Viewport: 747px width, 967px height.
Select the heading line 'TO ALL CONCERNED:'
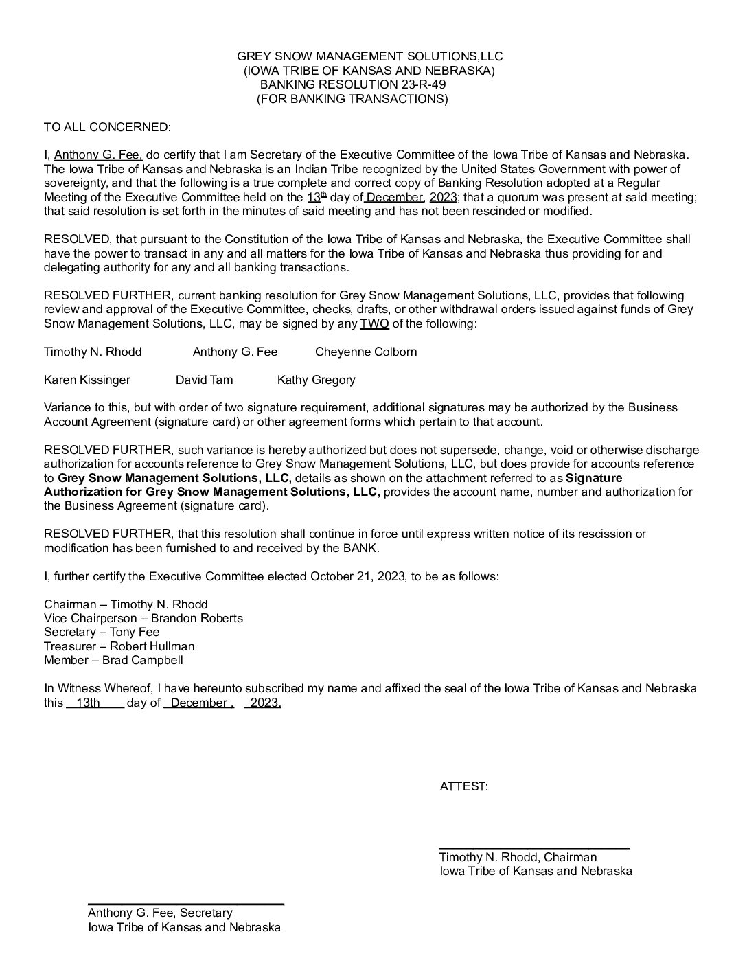(x=106, y=127)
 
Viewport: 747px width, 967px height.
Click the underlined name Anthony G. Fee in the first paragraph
(x=98, y=155)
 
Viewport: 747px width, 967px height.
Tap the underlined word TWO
(x=374, y=323)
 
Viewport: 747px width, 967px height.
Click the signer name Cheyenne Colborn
(x=366, y=352)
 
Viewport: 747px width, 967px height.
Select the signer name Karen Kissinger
(x=87, y=380)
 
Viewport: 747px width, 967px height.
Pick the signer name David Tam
(x=204, y=380)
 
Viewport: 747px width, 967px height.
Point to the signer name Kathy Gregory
(x=317, y=380)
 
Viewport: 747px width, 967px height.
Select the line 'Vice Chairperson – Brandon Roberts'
(x=143, y=618)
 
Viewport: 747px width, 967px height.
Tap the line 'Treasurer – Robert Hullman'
(x=119, y=646)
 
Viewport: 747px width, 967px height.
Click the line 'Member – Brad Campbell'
(x=113, y=661)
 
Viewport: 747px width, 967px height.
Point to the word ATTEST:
(x=464, y=787)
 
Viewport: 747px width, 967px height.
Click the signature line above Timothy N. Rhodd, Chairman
(x=534, y=850)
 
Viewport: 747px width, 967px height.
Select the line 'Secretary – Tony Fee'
(x=102, y=632)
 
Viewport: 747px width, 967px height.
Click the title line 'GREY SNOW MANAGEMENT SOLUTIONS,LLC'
(x=370, y=56)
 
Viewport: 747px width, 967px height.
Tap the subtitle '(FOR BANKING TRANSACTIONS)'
(x=352, y=99)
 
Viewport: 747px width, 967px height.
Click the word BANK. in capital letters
(x=360, y=548)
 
